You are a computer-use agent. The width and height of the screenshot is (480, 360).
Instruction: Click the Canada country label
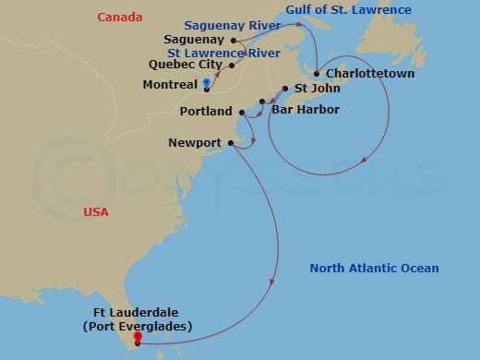(x=120, y=18)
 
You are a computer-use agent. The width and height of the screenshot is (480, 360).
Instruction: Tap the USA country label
(x=96, y=212)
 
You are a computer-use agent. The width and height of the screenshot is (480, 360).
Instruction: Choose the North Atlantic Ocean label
(x=374, y=269)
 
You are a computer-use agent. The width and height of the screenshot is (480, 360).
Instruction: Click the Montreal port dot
(x=207, y=90)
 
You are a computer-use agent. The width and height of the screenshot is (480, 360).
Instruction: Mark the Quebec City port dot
(x=231, y=66)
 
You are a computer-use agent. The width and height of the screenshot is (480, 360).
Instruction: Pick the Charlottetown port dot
(x=317, y=74)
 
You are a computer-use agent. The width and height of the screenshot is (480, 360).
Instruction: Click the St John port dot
(x=285, y=90)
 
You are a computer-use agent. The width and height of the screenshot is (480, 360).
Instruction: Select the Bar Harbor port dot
(x=263, y=101)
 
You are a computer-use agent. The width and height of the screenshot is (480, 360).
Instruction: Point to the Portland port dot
(x=242, y=113)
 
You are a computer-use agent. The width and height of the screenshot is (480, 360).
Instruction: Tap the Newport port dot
(x=230, y=142)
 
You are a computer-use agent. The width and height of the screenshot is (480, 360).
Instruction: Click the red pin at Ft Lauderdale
(x=138, y=337)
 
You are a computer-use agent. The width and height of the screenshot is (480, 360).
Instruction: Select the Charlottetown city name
(x=369, y=74)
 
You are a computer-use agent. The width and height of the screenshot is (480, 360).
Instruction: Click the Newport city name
(x=195, y=142)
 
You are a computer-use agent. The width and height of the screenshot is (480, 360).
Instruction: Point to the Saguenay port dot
(x=232, y=40)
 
